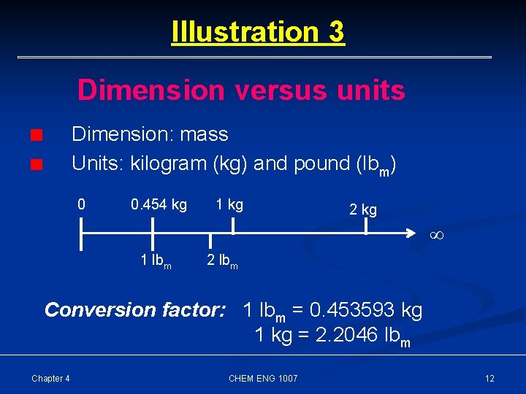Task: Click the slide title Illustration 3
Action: [x=257, y=32]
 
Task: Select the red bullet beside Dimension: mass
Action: [x=37, y=136]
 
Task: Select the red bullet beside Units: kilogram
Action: [x=37, y=165]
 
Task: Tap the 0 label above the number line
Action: [x=82, y=205]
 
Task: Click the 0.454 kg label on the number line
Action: [x=159, y=205]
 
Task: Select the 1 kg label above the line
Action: [x=229, y=205]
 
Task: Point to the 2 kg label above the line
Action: [x=363, y=210]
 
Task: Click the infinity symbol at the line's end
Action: [x=437, y=236]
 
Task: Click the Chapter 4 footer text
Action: [x=50, y=378]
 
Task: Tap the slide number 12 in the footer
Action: [x=489, y=378]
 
